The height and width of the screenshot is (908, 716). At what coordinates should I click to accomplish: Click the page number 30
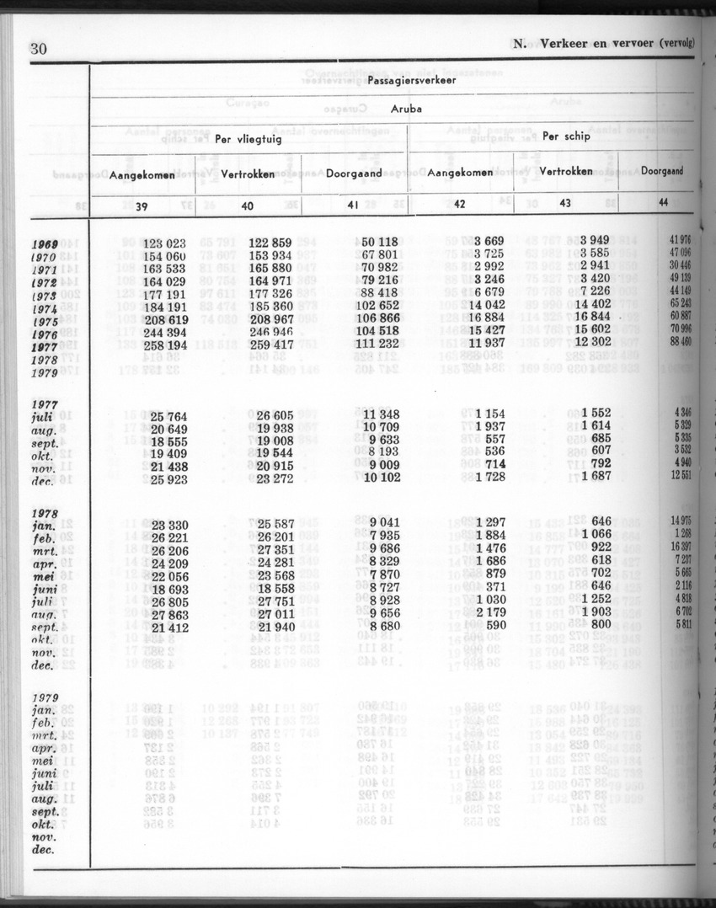coord(38,49)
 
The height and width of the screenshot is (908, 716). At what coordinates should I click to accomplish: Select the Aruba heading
coord(406,109)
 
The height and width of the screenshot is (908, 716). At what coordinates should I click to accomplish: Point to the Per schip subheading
coord(566,136)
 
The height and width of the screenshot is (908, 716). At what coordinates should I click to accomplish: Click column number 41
coord(355,204)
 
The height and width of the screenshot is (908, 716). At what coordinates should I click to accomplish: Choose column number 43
coord(565,203)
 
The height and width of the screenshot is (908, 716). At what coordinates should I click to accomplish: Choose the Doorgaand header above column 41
coord(354,174)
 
